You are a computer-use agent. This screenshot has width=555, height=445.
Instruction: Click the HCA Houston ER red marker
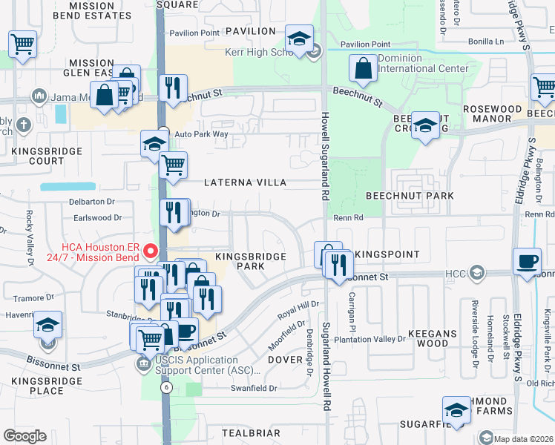pyautogui.click(x=152, y=251)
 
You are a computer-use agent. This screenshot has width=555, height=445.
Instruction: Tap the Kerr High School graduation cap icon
pyautogui.click(x=299, y=39)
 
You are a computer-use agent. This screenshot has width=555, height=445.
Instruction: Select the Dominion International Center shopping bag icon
pyautogui.click(x=364, y=69)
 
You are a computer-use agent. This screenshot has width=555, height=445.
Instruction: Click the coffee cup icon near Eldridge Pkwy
pyautogui.click(x=528, y=260)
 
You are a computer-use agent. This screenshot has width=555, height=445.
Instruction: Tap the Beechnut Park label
pyautogui.click(x=409, y=195)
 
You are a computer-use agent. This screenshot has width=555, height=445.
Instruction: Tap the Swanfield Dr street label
pyautogui.click(x=254, y=388)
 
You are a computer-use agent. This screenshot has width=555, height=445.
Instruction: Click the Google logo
pyautogui.click(x=24, y=436)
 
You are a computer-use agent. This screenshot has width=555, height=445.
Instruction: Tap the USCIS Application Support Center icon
pyautogui.click(x=142, y=363)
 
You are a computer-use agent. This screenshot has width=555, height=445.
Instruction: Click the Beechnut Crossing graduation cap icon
pyautogui.click(x=425, y=126)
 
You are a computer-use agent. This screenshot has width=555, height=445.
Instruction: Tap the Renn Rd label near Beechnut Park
pyautogui.click(x=347, y=218)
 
